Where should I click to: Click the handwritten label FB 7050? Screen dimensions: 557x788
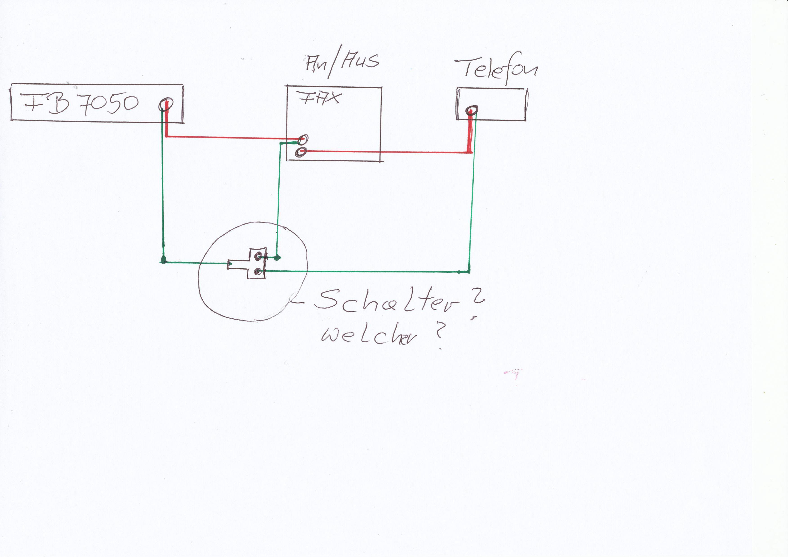[81, 103]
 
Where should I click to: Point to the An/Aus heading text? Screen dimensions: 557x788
[342, 63]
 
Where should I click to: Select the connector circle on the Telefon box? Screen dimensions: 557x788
[472, 110]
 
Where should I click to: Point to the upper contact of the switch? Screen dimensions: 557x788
[258, 256]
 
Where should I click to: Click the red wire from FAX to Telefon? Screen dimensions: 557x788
[384, 152]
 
